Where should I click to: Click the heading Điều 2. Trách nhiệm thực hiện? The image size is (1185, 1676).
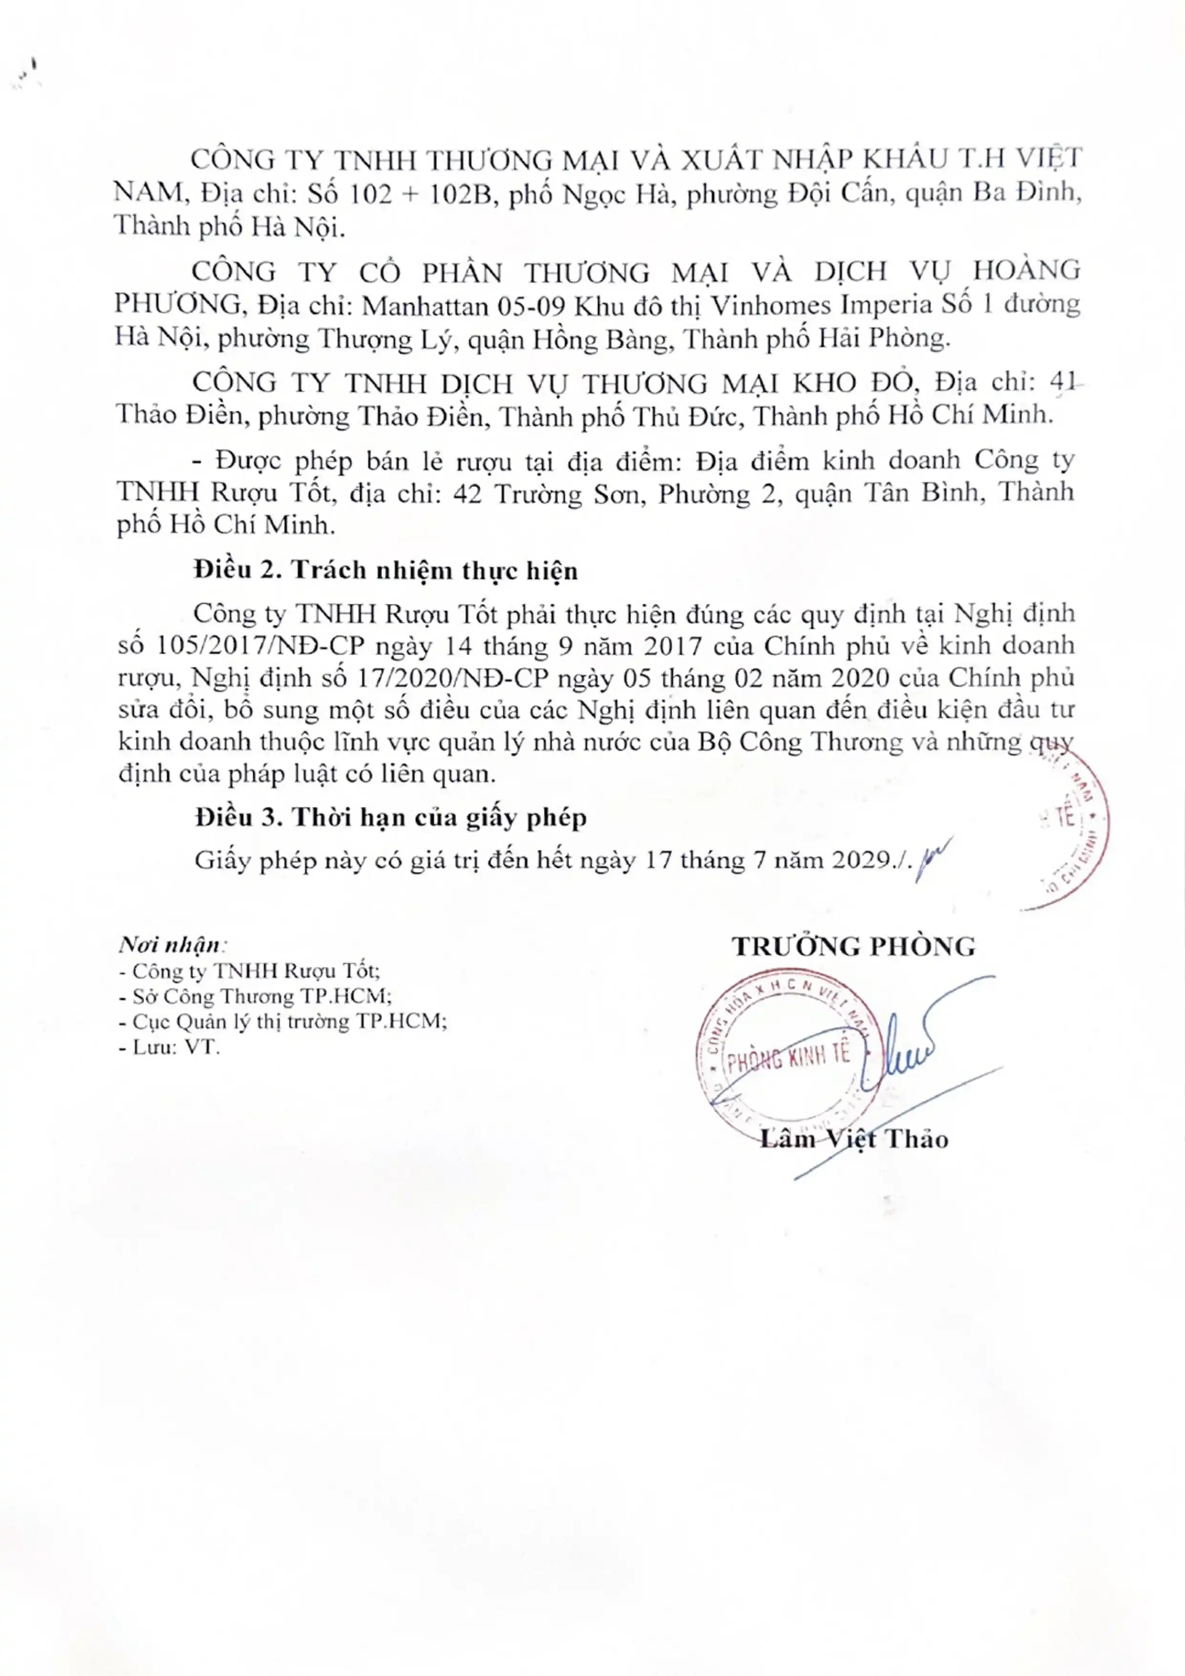coord(386,570)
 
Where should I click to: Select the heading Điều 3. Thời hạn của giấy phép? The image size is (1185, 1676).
coord(390,818)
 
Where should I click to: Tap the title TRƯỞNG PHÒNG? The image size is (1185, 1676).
coord(853,947)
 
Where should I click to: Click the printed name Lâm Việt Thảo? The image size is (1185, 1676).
coord(853,1140)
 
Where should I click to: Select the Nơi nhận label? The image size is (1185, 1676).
coord(172,945)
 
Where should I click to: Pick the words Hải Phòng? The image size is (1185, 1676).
coord(896,338)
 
